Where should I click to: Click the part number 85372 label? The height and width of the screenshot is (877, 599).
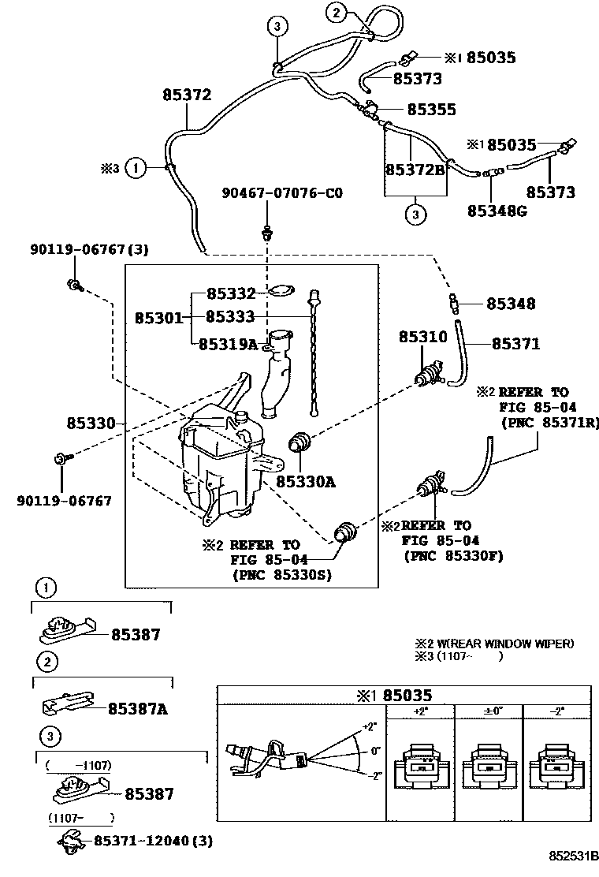(x=187, y=95)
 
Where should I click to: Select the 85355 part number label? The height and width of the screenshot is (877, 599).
(x=431, y=110)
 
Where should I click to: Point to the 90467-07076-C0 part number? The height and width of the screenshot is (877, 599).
(x=282, y=192)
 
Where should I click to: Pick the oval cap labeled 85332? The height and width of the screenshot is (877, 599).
(x=277, y=293)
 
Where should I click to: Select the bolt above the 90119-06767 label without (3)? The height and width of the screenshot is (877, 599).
(x=61, y=457)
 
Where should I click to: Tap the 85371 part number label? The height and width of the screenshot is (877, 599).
(x=516, y=344)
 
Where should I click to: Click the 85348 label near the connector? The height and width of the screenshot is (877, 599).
(x=510, y=304)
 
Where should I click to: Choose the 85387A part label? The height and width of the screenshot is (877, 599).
(x=137, y=708)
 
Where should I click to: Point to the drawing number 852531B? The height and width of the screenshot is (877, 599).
(x=574, y=855)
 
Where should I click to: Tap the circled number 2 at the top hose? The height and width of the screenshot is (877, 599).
(x=336, y=13)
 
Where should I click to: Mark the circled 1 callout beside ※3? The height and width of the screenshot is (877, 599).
(x=136, y=167)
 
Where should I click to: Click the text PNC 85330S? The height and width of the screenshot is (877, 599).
(x=282, y=575)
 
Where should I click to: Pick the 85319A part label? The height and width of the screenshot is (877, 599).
(x=228, y=344)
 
